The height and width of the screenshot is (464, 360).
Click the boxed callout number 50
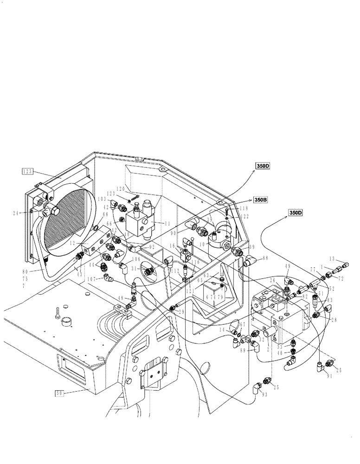(59, 393)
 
